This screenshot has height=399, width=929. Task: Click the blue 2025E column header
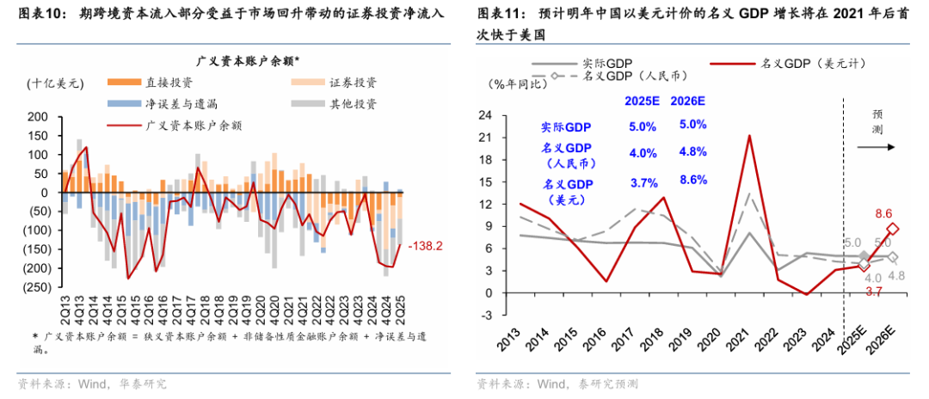click(x=642, y=101)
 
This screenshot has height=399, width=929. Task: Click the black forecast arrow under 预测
click(x=877, y=147)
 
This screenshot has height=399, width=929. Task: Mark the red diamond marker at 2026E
click(x=894, y=229)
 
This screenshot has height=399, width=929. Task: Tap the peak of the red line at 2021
click(x=749, y=136)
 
